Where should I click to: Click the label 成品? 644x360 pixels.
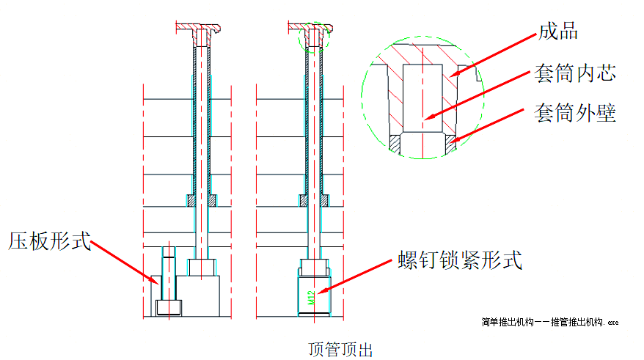click(558, 31)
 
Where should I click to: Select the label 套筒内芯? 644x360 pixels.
click(575, 73)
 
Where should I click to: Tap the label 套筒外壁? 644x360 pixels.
click(575, 114)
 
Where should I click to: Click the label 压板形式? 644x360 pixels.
click(50, 240)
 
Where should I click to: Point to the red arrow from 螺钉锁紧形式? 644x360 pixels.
click(359, 278)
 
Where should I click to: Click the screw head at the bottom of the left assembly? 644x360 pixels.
click(169, 307)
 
